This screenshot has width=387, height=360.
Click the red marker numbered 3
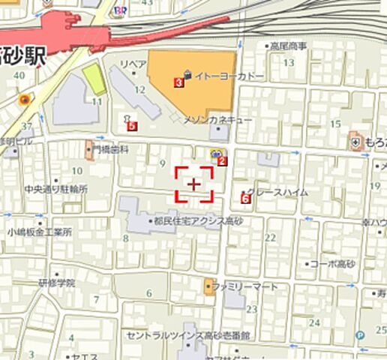178,82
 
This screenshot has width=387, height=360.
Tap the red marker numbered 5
133,127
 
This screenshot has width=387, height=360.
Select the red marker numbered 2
222,160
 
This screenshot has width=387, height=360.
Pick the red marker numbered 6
245,198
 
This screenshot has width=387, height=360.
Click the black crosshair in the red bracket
194,184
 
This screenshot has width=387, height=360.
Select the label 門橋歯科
111,149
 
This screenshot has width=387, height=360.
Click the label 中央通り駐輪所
55,189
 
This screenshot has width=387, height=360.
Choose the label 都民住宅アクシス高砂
198,221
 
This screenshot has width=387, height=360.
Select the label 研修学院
57,283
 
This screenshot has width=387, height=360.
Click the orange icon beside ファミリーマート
208,286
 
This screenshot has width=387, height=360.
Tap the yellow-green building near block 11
94,79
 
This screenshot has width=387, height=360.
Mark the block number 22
270,238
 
